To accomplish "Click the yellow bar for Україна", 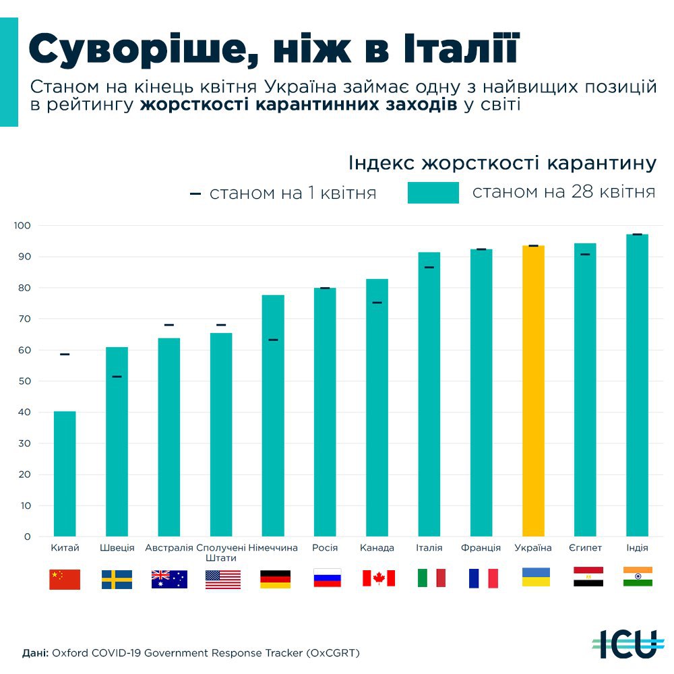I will pos(533,391).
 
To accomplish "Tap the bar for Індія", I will pos(637,385).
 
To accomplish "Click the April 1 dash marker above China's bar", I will pos(65,355).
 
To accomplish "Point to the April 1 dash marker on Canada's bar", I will pos(377,303).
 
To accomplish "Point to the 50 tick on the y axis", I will pos(25,381).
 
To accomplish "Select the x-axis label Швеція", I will pos(117,548).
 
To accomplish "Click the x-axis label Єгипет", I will pos(585,548).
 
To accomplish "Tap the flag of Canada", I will pos(378,578).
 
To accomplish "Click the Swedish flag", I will pos(117,579).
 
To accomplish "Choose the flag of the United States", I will pos(222,579).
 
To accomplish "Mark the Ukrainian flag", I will pos(536,577).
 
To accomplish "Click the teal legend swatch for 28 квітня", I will pos(433,192).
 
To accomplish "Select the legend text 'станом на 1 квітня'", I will pos(293,193).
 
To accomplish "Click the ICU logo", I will pos(625,644).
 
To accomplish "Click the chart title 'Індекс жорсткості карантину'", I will pos(502,164).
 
